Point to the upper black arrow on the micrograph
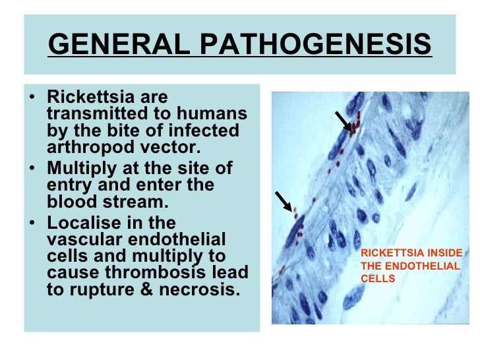[x=343, y=121]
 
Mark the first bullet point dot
[x=34, y=98]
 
